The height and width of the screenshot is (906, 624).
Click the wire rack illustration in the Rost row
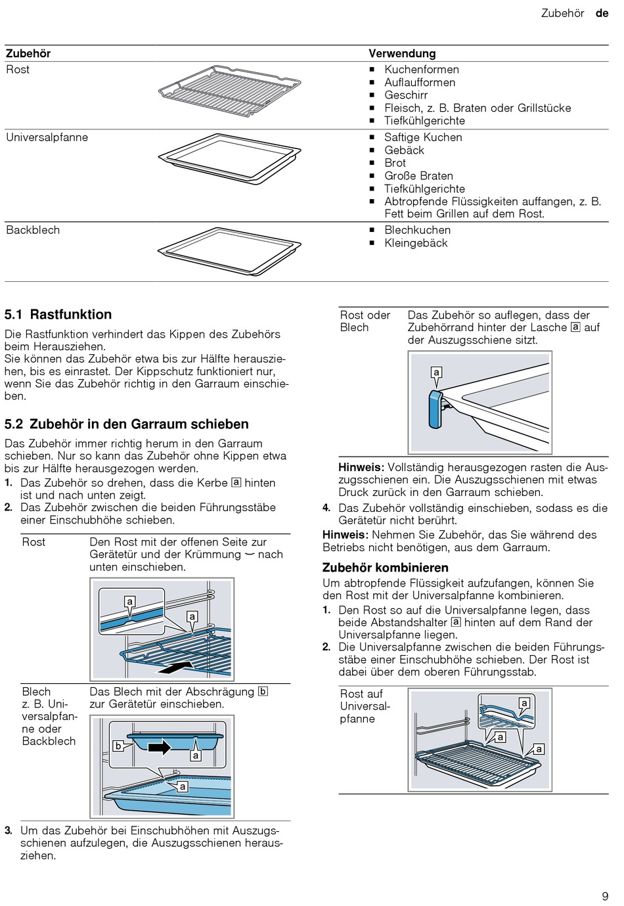coord(229,91)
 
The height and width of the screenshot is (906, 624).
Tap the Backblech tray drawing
coord(229,250)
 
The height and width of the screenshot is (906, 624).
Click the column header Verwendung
coord(402,54)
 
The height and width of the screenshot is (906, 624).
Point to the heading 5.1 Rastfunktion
coord(58,315)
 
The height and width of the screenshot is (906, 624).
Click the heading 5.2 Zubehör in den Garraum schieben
coord(127,424)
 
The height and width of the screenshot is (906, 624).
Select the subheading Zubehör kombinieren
coord(385,568)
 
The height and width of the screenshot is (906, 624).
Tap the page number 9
coord(605,896)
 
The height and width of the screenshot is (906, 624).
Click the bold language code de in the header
coord(602,13)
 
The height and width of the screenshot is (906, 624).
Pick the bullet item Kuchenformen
coord(422,70)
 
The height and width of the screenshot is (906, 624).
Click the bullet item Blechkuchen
coord(417,231)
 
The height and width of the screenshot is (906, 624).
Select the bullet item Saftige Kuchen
coord(423,137)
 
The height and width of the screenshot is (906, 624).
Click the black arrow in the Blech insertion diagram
coord(159,747)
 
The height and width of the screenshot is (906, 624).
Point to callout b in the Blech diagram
coord(118,746)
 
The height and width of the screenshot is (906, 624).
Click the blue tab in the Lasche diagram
coord(435,409)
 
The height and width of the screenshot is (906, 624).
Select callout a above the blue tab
coord(436,373)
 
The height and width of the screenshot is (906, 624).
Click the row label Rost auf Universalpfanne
coord(365,706)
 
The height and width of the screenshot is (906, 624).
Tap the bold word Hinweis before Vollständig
coord(361,468)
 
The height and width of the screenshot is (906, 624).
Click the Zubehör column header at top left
coord(28,54)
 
